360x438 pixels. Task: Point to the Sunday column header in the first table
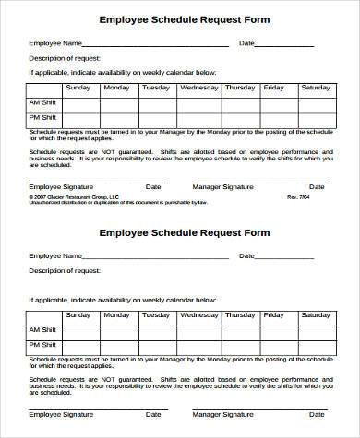coord(78,88)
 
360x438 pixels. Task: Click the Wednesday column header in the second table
coord(198,314)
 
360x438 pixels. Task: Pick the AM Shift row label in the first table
coord(43,102)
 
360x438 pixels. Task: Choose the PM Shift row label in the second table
coord(43,345)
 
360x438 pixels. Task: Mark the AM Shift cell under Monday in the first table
coord(116,102)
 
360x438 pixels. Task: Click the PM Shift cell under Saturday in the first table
coord(316,118)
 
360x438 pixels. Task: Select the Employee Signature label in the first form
coord(59,186)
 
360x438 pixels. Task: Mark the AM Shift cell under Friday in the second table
coord(273,329)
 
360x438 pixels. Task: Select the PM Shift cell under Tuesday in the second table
coord(155,345)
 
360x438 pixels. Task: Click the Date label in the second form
coord(246,255)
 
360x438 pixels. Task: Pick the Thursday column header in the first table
coord(240,88)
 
